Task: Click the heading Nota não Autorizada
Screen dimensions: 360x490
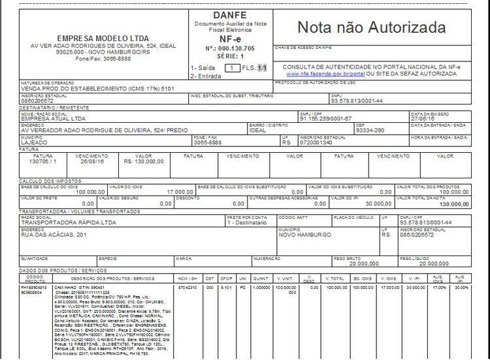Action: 372,27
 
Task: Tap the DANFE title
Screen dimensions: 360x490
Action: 227,15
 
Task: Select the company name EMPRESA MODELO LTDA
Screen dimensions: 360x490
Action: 103,38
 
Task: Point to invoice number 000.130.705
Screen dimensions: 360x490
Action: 236,48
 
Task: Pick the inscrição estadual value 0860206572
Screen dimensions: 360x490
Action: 37,101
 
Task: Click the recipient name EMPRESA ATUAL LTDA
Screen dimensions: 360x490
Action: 53,119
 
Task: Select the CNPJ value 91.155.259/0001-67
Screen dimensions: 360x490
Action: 325,119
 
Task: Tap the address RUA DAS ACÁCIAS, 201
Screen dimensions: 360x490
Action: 54,235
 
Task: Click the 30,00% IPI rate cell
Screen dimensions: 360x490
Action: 461,287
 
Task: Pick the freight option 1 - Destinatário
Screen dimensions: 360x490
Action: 247,223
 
